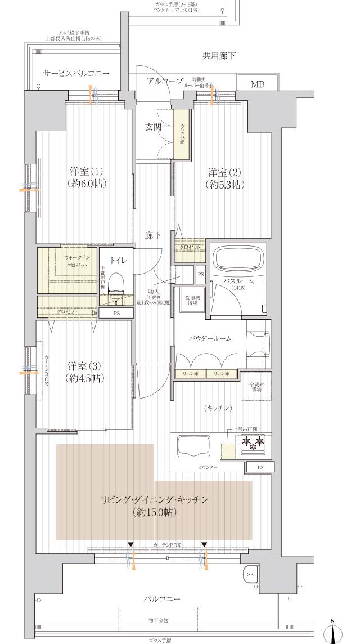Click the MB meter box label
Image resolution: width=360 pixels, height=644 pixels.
(257, 84)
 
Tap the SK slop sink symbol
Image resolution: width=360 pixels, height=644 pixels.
(250, 575)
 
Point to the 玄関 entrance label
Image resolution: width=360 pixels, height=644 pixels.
(153, 127)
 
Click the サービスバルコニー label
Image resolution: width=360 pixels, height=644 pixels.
(76, 74)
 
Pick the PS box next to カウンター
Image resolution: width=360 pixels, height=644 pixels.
(260, 467)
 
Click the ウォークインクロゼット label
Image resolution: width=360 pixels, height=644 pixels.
(75, 260)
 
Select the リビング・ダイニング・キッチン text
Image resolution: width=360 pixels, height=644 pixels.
(155, 499)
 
